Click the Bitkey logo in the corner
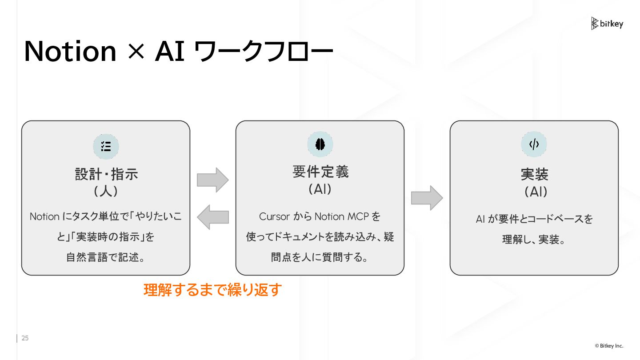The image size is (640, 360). click(x=607, y=24)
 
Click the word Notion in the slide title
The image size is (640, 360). click(x=70, y=52)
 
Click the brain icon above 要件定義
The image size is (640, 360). click(x=320, y=144)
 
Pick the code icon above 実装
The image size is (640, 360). click(x=534, y=144)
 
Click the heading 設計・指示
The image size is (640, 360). click(x=106, y=173)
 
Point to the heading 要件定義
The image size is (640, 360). click(x=320, y=172)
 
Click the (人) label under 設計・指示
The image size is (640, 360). click(x=106, y=192)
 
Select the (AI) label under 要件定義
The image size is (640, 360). click(x=320, y=189)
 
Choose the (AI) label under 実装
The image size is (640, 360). click(x=534, y=192)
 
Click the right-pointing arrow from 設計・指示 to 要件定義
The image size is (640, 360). click(x=212, y=180)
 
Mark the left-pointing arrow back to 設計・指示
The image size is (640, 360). click(x=212, y=217)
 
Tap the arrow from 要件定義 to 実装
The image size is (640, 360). click(x=427, y=198)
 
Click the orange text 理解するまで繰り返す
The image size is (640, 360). click(x=213, y=290)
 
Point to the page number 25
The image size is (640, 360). click(x=25, y=338)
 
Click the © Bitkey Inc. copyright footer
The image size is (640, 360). click(x=609, y=346)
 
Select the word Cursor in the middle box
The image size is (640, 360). click(x=274, y=216)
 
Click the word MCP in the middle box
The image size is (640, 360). click(x=357, y=216)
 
